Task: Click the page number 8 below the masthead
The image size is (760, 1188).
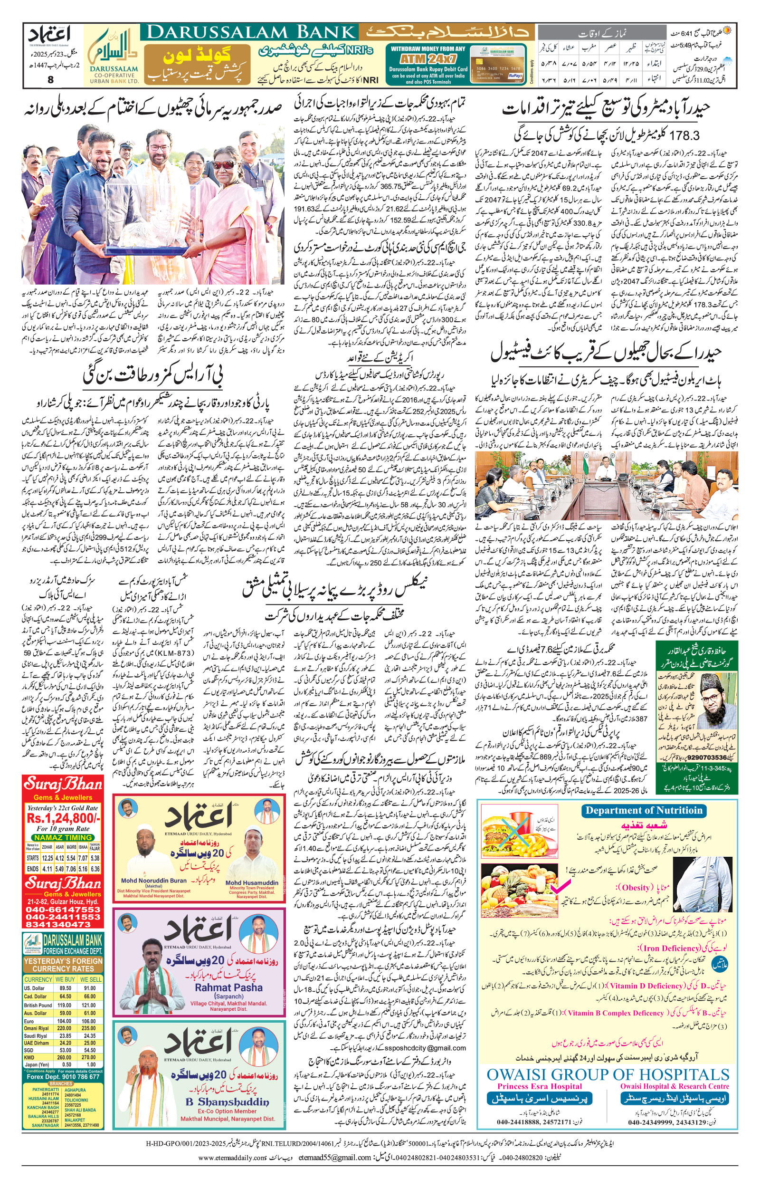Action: coord(50,79)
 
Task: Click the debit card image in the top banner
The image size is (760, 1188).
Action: coord(498,64)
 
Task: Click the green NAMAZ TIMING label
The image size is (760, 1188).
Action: coord(63,837)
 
